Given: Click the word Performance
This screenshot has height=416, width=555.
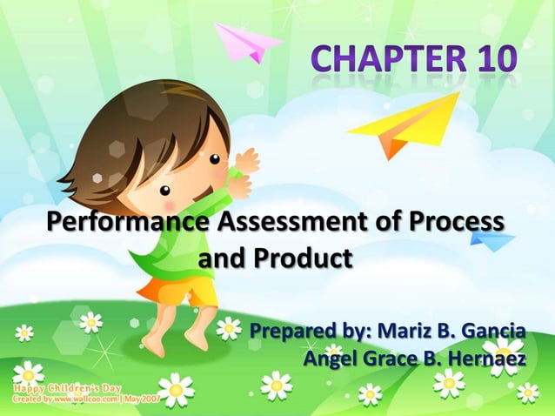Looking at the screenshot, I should click(x=130, y=223).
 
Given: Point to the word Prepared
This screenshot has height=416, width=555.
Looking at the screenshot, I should click(x=291, y=332).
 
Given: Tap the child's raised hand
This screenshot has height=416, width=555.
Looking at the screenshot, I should click(x=246, y=161).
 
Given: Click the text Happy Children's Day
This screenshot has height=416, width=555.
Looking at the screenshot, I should click(x=66, y=386).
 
